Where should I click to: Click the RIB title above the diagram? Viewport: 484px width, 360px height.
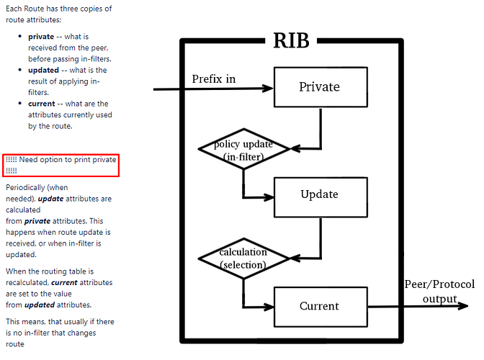pyautogui.click(x=291, y=40)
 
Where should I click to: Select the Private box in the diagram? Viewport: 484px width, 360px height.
pyautogui.click(x=319, y=87)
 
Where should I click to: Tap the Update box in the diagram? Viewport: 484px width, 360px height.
pyautogui.click(x=319, y=194)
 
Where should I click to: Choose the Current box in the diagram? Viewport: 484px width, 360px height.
pyautogui.click(x=319, y=306)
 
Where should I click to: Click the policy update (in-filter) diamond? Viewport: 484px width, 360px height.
pyautogui.click(x=243, y=149)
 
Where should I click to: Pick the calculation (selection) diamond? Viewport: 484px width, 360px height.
pyautogui.click(x=243, y=258)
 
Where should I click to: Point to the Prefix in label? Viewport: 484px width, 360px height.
pyautogui.click(x=214, y=78)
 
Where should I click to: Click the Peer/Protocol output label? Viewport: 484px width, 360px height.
pyautogui.click(x=439, y=291)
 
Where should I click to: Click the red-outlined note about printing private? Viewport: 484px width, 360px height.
pyautogui.click(x=60, y=165)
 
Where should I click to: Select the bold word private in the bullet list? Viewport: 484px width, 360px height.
pyautogui.click(x=42, y=36)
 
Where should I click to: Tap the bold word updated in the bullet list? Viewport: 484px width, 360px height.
pyautogui.click(x=44, y=71)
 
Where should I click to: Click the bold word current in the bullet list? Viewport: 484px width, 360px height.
pyautogui.click(x=42, y=104)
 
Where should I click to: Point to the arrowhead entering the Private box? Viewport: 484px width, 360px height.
pyautogui.click(x=269, y=89)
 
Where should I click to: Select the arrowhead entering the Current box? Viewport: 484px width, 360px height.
pyautogui.click(x=269, y=307)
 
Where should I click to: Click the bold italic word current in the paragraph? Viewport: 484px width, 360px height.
pyautogui.click(x=64, y=283)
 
